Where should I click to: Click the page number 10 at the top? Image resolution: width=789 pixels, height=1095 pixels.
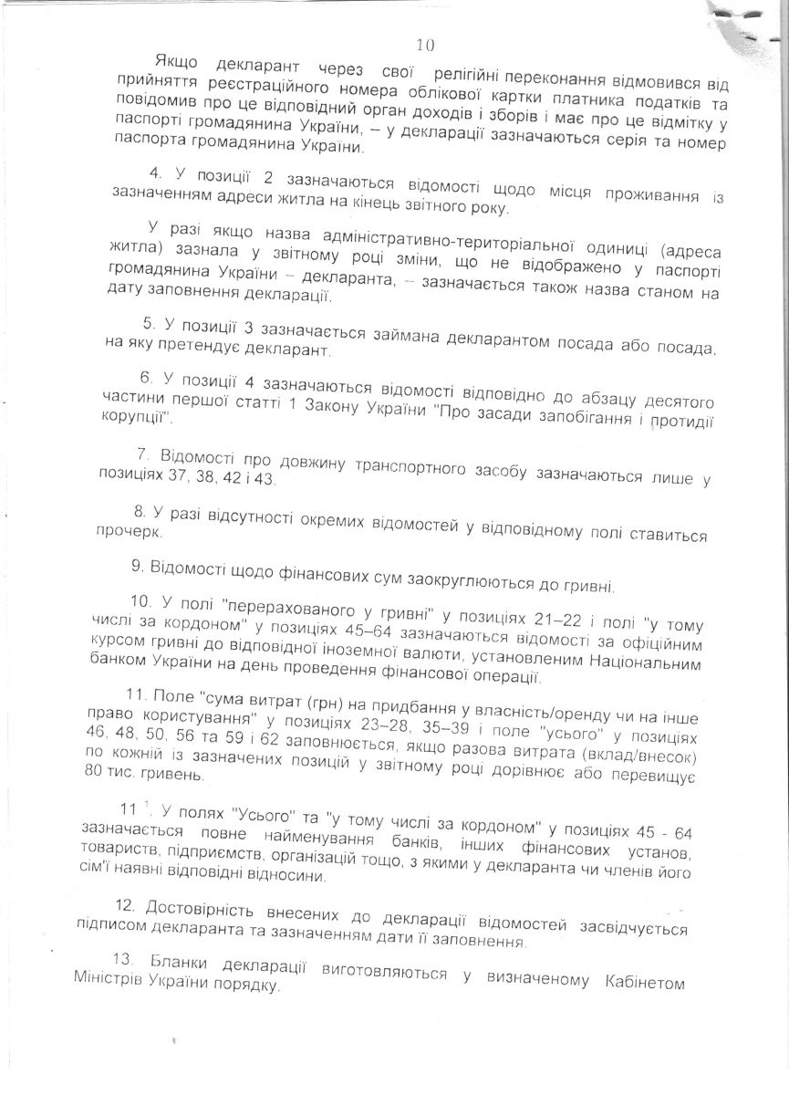425,45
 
